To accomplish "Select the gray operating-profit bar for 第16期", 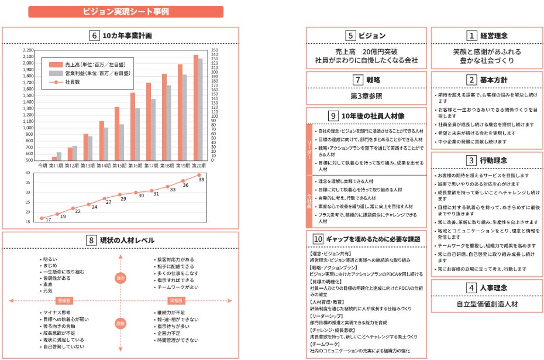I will pyautogui.click(x=137, y=134).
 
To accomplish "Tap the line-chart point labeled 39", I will pyautogui.click(x=199, y=174).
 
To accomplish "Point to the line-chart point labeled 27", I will pyautogui.click(x=104, y=198).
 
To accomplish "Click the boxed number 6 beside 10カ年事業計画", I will pyautogui.click(x=94, y=36).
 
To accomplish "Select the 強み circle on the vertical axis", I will pyautogui.click(x=120, y=278).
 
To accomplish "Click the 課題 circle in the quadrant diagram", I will pyautogui.click(x=120, y=323).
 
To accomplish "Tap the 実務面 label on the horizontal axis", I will pyautogui.click(x=176, y=300).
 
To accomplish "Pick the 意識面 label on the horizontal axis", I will pyautogui.click(x=63, y=300).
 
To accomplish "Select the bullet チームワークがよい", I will pyautogui.click(x=178, y=287).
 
